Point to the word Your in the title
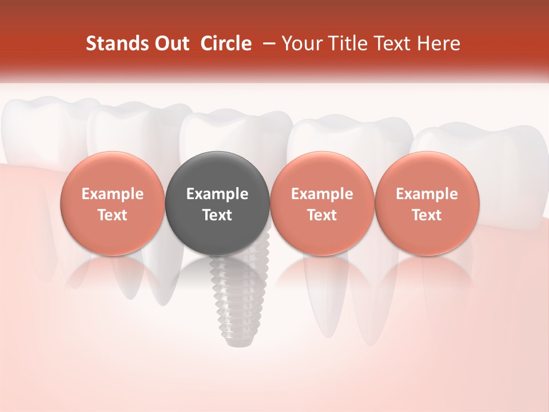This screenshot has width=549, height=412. tap(301, 43)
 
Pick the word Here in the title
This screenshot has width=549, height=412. tap(439, 43)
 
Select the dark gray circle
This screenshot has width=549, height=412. tap(217, 203)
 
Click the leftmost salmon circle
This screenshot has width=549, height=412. tap(113, 203)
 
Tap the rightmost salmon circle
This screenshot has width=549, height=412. tap(427, 203)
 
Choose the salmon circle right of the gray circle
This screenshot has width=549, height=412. tap(322, 203)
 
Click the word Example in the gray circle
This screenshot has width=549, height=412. tap(217, 194)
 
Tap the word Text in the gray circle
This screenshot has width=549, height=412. tap(217, 215)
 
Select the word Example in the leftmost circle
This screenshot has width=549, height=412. tap(113, 194)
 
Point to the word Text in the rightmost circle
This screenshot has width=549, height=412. tap(427, 215)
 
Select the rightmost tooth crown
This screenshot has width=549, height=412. tap(486, 143)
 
